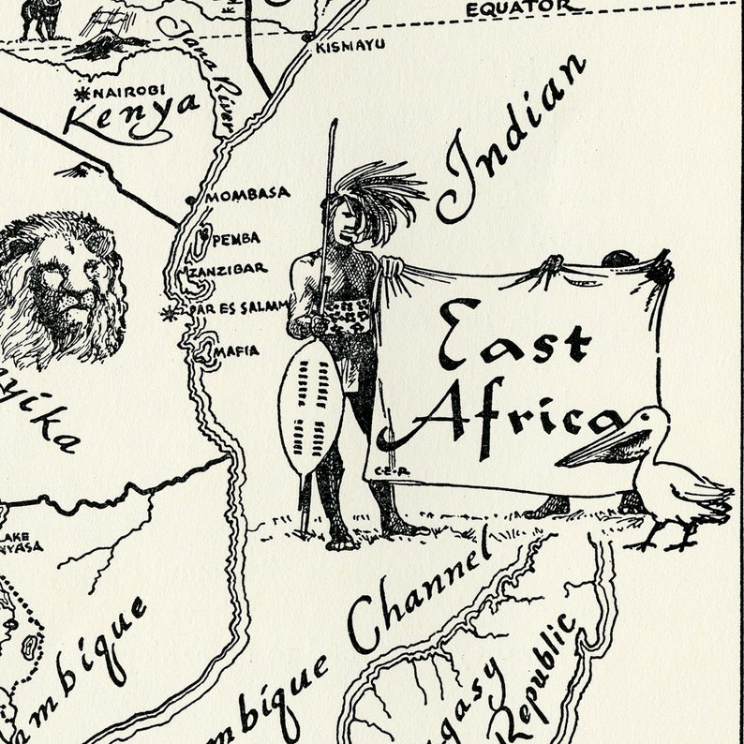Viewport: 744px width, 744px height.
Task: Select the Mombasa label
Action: point(247,195)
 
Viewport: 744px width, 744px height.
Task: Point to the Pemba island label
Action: point(235,239)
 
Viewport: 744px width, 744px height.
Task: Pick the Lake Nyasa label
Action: point(21,543)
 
